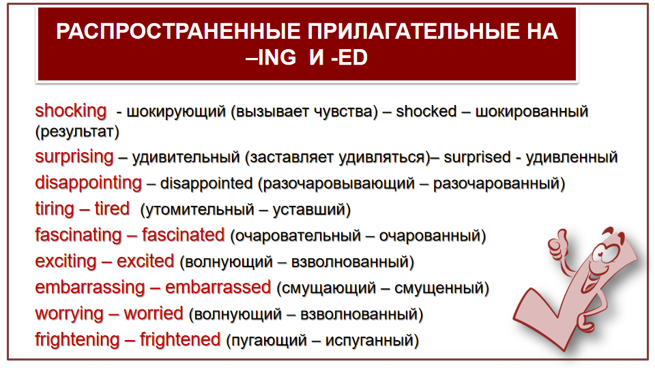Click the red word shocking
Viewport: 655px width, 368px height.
[x=70, y=111]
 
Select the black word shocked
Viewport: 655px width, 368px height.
[x=426, y=111]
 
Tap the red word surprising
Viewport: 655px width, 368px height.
[x=74, y=157]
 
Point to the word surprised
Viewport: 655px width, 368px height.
[x=477, y=157]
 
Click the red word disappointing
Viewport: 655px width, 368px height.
[x=89, y=183]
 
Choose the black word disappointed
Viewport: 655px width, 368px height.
[x=206, y=183]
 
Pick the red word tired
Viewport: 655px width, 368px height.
[x=112, y=209]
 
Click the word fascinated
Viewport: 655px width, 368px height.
[x=183, y=235]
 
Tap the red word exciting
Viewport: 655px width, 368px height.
[x=65, y=262]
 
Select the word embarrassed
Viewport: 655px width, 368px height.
[x=218, y=288]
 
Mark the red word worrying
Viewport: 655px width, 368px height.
[x=69, y=314]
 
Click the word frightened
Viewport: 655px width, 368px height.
[x=180, y=340]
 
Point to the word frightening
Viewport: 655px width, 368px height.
[x=77, y=340]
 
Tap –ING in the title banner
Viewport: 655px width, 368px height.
[x=271, y=57]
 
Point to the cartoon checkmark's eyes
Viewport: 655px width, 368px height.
[x=605, y=250]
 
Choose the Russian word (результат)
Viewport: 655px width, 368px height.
[x=77, y=132]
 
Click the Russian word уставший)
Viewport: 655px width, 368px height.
[x=312, y=209]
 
